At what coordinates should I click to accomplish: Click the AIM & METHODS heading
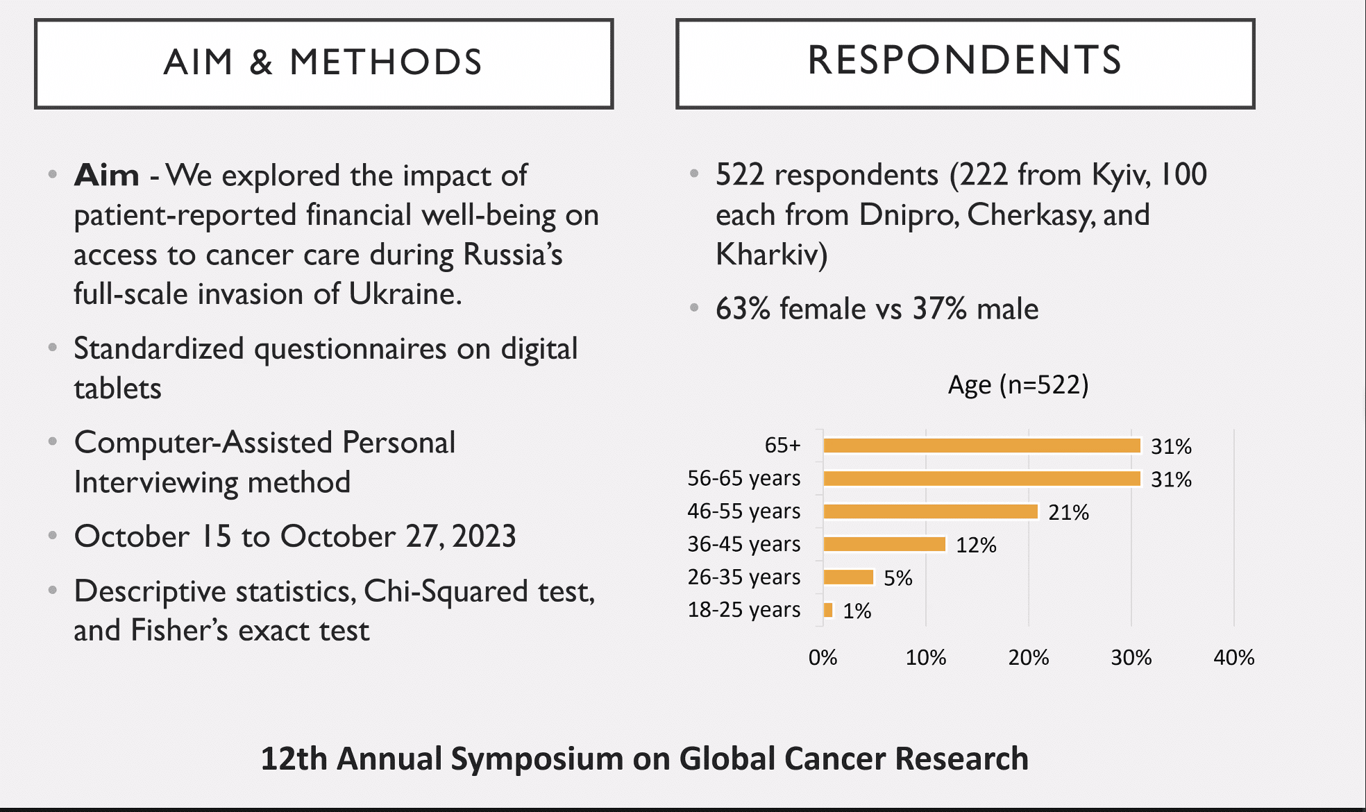(x=323, y=62)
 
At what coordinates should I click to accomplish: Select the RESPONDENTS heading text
(x=965, y=60)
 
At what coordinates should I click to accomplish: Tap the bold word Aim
(x=107, y=175)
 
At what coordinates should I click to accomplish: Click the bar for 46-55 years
(x=930, y=511)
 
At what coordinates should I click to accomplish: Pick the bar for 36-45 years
(x=884, y=544)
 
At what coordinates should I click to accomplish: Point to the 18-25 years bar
(x=828, y=610)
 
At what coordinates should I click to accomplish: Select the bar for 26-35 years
(x=848, y=577)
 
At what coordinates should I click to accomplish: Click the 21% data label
(x=1068, y=512)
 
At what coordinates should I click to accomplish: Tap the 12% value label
(x=976, y=545)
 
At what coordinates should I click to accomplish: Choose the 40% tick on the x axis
(x=1233, y=657)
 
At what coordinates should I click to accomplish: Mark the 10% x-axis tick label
(x=925, y=657)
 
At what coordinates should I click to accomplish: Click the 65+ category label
(x=782, y=445)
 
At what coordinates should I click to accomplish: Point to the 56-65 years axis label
(x=743, y=478)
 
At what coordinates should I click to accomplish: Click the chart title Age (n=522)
(x=1018, y=384)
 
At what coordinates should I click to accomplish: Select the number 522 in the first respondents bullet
(x=739, y=174)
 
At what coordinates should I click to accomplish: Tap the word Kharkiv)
(x=771, y=254)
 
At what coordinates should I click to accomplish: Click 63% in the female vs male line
(x=743, y=309)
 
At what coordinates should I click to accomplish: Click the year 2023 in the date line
(x=484, y=536)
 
